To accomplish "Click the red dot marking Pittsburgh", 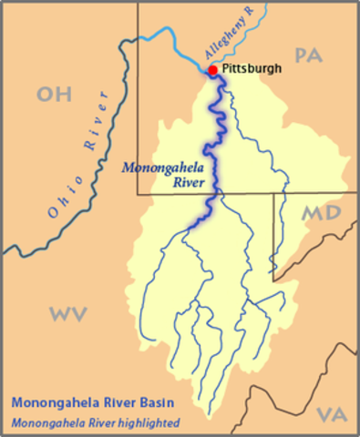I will (x=212, y=70).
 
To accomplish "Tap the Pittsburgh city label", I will (x=252, y=68).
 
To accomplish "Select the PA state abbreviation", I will (x=309, y=56).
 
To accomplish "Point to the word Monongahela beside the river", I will (x=163, y=168).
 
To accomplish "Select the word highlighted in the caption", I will (x=148, y=422).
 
